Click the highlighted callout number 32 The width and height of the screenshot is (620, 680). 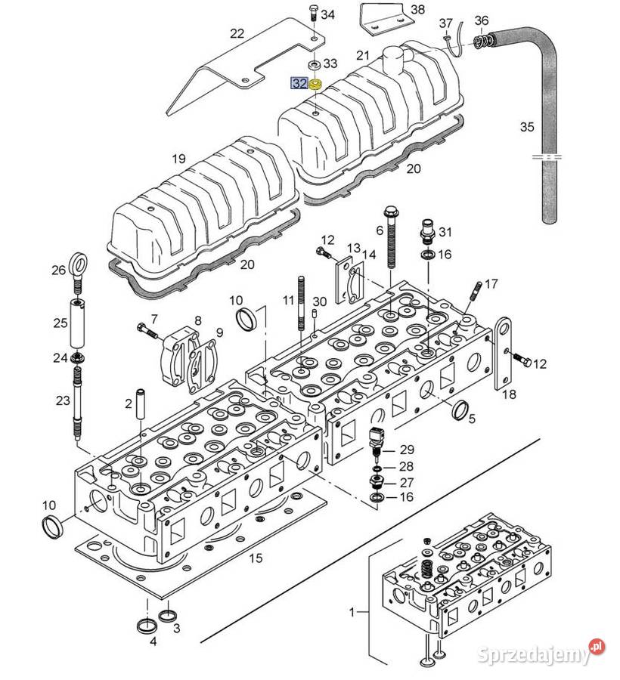tap(299, 83)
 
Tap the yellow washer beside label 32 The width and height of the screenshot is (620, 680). tap(315, 85)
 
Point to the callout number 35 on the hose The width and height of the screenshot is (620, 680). tap(527, 127)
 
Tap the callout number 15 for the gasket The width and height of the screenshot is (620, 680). tap(256, 558)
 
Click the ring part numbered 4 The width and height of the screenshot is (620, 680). tap(147, 626)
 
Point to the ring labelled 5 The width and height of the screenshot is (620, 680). tap(460, 410)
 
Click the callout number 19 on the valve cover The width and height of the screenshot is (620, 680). tap(178, 159)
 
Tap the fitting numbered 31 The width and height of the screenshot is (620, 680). tap(427, 230)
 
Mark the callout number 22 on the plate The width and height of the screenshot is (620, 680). tap(237, 33)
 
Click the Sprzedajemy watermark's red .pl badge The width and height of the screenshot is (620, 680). tap(597, 647)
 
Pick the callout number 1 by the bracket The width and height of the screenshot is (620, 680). tap(352, 612)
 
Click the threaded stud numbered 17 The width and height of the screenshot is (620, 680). tap(475, 291)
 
